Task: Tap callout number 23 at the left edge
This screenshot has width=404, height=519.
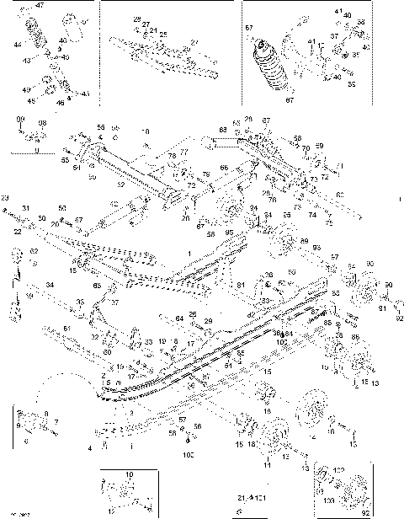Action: [4, 197]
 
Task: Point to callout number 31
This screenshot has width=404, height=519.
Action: [26, 208]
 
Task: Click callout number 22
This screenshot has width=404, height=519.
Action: [17, 232]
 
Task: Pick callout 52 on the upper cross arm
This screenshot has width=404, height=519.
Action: [120, 183]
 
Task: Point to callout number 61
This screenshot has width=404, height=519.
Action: [67, 327]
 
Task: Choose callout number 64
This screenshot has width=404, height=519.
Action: [178, 318]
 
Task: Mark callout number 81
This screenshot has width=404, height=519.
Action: [240, 285]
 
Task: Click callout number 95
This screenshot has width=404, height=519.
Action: [231, 233]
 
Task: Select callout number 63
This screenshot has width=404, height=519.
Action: [223, 130]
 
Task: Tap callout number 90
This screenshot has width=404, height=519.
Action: [369, 265]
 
